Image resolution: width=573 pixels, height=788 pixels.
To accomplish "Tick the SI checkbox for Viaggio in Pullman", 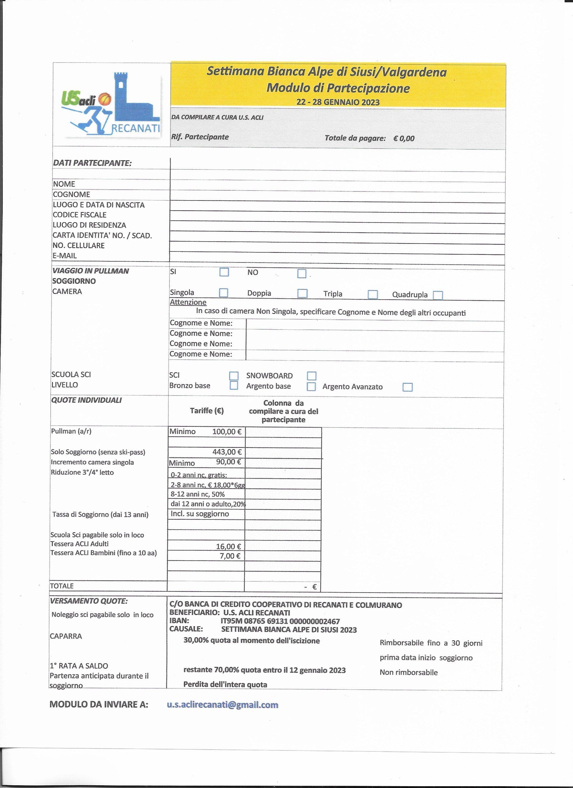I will click(x=224, y=272).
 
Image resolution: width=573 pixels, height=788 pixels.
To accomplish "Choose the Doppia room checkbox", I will click(x=302, y=293).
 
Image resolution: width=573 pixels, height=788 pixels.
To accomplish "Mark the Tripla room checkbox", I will click(x=372, y=294).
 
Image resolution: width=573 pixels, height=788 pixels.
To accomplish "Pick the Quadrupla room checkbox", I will click(x=438, y=295).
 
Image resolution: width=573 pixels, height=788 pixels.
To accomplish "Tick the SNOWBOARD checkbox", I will click(x=312, y=376).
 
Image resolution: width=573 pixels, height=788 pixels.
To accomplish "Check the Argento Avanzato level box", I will click(x=407, y=387).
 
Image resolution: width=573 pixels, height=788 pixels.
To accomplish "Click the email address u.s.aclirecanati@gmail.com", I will click(x=222, y=705).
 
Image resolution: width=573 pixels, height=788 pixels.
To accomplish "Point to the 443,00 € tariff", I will click(x=227, y=452).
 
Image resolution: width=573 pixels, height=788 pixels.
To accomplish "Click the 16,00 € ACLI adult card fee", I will click(x=228, y=547).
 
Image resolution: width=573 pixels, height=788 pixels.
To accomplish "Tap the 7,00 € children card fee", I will click(x=230, y=556).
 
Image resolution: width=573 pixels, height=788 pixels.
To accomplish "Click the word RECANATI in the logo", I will click(x=135, y=129).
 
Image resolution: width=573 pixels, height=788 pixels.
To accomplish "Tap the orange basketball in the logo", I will click(x=105, y=99).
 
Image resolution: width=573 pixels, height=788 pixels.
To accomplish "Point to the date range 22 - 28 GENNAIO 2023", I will click(x=338, y=102).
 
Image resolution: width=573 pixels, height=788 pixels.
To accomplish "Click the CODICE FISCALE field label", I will click(x=80, y=215).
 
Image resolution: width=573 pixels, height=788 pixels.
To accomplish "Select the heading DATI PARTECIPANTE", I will click(x=92, y=163).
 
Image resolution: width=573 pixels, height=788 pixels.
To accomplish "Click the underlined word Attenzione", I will click(x=188, y=302).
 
